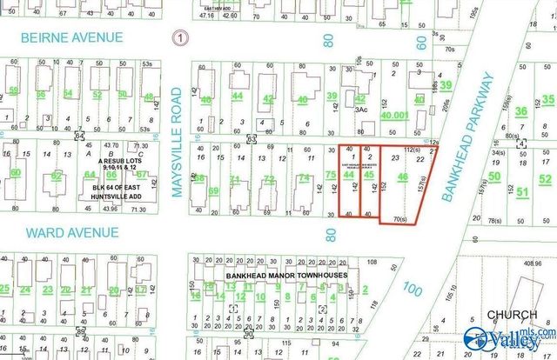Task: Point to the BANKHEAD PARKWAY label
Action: pyautogui.click(x=468, y=137)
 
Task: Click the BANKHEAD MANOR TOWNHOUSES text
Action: pyautogui.click(x=286, y=276)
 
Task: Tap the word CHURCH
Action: pyautogui.click(x=507, y=314)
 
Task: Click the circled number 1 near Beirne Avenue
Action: pyautogui.click(x=179, y=38)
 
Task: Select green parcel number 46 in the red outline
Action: pyautogui.click(x=401, y=177)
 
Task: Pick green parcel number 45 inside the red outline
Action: pyautogui.click(x=370, y=175)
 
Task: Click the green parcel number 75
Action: pyautogui.click(x=330, y=175)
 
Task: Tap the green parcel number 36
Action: pyautogui.click(x=521, y=110)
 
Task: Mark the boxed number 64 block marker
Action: pyautogui.click(x=79, y=136)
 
